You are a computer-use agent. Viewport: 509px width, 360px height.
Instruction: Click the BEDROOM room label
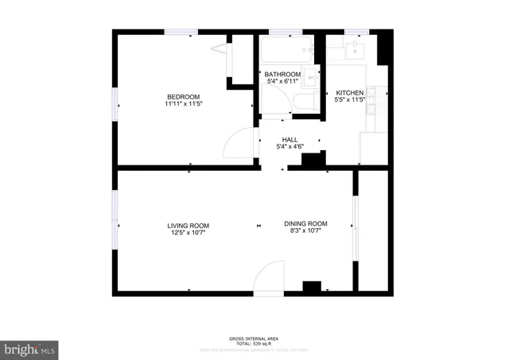[181, 96]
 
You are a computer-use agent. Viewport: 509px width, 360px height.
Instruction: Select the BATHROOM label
[282, 74]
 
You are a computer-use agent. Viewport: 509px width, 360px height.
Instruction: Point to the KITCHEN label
[350, 92]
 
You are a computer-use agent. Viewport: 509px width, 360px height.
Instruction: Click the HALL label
[289, 139]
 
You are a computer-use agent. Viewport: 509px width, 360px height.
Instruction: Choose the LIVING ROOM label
[188, 226]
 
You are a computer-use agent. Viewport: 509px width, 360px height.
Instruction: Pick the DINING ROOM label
[306, 224]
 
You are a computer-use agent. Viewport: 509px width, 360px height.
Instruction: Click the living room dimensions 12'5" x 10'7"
[188, 234]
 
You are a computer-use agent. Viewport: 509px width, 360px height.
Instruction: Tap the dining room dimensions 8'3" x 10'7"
[306, 232]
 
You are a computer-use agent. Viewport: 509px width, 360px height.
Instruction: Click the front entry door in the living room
[270, 278]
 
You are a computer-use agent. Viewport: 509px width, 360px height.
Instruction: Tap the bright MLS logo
[29, 348]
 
